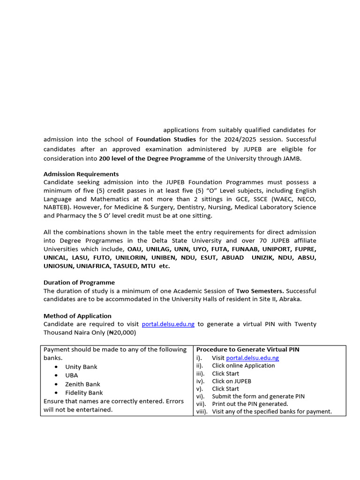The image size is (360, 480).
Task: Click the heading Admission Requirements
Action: [x=81, y=174]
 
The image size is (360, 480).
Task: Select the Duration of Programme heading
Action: [x=79, y=283]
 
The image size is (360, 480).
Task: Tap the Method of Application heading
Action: [x=77, y=315]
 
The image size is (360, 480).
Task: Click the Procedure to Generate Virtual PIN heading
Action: [x=247, y=349]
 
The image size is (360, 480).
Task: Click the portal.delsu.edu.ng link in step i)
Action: [x=252, y=358]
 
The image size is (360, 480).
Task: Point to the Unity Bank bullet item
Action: [x=81, y=367]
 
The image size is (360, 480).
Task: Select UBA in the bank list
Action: [x=72, y=375]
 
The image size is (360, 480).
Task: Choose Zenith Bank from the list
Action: [x=82, y=384]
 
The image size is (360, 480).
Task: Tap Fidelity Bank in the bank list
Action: [x=84, y=392]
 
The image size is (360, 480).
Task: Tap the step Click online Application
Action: [x=243, y=366]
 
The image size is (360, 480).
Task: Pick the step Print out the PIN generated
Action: [x=250, y=404]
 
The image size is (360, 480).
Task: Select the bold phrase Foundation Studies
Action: [x=166, y=139]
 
